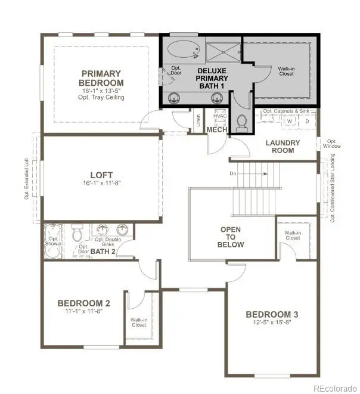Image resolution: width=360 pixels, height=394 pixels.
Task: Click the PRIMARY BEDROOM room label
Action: point(103,78)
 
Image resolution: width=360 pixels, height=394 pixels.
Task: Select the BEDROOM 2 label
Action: point(83,303)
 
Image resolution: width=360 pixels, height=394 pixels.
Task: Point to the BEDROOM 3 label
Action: point(272,314)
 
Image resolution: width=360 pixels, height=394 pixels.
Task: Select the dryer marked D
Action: point(307,121)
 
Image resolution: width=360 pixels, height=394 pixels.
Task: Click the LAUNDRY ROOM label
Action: point(283,146)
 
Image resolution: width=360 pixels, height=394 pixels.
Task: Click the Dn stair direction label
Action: point(233,174)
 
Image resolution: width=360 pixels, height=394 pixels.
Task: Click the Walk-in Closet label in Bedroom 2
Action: point(139,322)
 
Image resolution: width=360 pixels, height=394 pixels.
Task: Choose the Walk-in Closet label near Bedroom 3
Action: point(292,235)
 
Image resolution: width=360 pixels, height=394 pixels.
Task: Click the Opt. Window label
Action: point(332,144)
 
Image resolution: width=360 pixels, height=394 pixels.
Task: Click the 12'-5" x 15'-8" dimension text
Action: point(272,323)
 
